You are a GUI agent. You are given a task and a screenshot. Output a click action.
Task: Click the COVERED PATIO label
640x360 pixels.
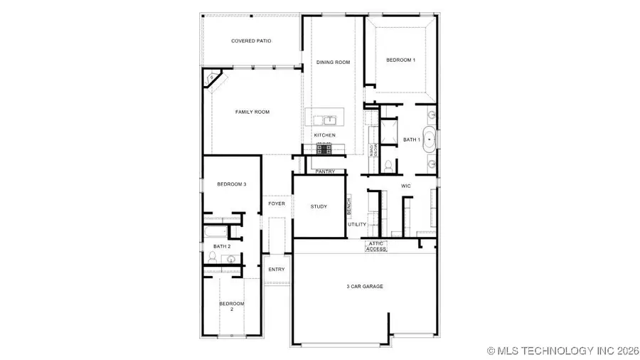click(251, 41)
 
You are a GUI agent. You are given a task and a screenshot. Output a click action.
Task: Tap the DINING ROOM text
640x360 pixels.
click(333, 63)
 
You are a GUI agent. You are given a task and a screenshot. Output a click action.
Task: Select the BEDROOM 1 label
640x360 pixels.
click(400, 60)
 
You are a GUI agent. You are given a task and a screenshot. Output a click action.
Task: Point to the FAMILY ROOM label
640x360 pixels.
click(252, 112)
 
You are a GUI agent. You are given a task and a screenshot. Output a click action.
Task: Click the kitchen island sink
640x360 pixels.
click(331, 120)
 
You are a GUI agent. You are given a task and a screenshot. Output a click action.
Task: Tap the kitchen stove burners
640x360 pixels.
click(324, 148)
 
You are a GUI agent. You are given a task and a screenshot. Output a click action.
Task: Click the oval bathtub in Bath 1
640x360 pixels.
click(431, 139)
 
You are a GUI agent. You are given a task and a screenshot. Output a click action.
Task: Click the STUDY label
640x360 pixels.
click(319, 207)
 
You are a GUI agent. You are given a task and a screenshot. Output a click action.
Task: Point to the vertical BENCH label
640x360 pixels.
click(348, 207)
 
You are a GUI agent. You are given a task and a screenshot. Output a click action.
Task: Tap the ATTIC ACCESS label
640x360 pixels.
click(376, 246)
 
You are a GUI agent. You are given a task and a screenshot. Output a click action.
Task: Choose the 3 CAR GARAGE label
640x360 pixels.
click(365, 287)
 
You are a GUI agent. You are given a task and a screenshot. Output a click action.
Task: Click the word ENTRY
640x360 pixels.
click(276, 270)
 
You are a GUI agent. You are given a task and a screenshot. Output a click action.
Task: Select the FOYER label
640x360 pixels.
click(276, 204)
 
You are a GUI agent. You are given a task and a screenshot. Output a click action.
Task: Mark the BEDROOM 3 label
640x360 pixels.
click(231, 184)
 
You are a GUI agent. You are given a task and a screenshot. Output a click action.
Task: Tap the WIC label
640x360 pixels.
click(406, 186)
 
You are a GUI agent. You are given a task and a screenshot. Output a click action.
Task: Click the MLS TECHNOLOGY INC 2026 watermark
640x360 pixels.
click(562, 351)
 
